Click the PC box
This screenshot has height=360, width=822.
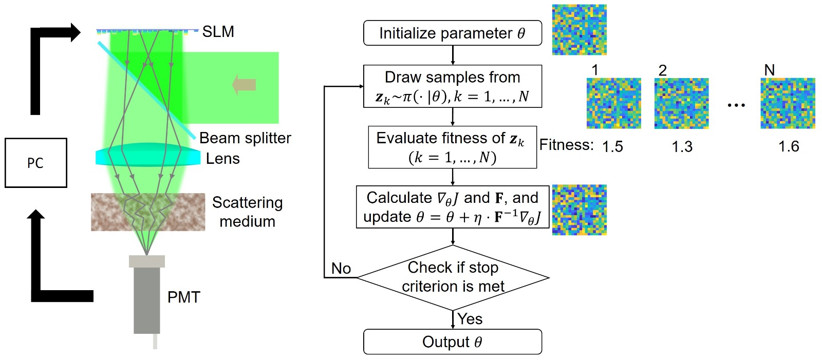click(35, 163)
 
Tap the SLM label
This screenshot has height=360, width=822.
click(218, 32)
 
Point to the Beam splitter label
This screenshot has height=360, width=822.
click(245, 138)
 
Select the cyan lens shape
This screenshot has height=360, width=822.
click(147, 155)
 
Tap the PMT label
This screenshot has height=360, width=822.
click(183, 297)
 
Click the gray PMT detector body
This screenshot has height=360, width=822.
click(147, 300)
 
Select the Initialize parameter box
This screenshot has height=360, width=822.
click(452, 33)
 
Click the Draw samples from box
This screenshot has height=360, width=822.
click(452, 86)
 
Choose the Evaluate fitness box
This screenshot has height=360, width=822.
click(452, 147)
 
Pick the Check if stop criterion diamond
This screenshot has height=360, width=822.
click(453, 277)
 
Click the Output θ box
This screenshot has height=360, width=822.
click(452, 342)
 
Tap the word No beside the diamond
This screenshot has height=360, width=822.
click(341, 269)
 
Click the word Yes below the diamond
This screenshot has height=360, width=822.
click(470, 319)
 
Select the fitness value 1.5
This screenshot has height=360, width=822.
click(612, 147)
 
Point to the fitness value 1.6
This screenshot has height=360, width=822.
click(789, 147)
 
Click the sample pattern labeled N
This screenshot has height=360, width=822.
click(788, 103)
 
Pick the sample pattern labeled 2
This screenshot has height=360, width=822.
click(681, 103)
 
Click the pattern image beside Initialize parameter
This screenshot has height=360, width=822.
click(579, 30)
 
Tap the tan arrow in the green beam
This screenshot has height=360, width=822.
click(244, 85)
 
